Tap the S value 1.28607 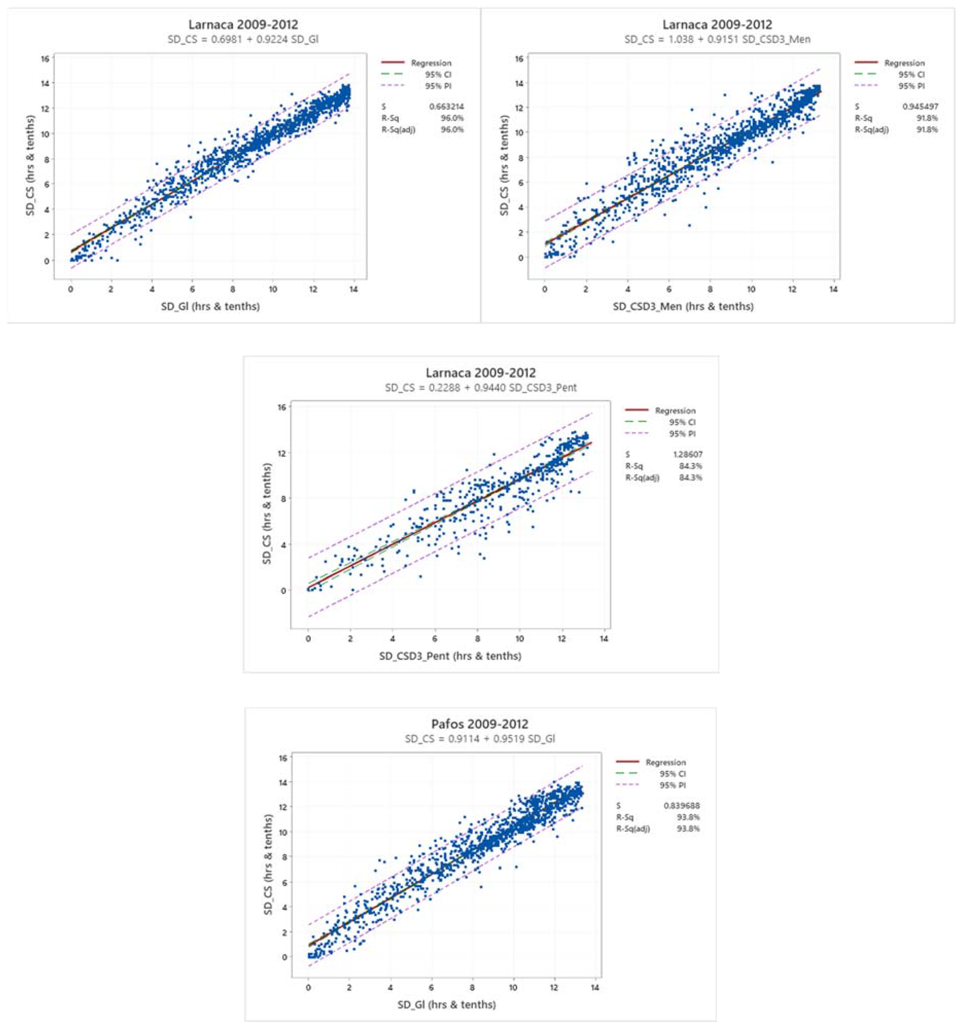click(688, 454)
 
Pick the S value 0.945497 click(920, 107)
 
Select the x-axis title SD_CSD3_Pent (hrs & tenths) click(450, 656)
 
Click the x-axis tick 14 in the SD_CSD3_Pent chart click(604, 638)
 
